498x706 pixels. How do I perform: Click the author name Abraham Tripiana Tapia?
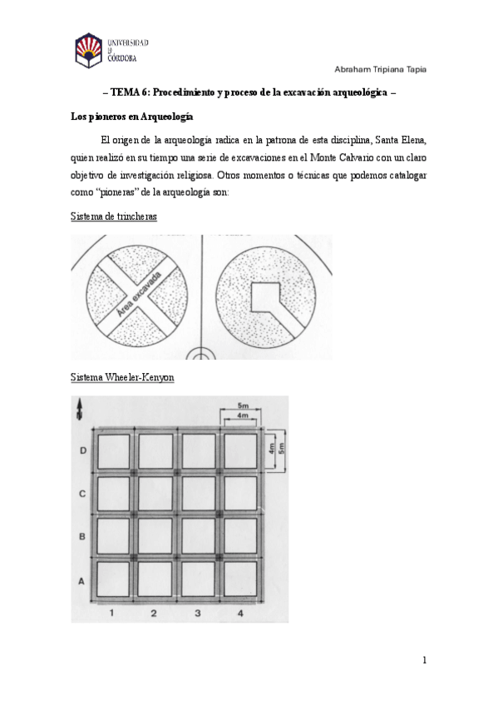[x=380, y=68]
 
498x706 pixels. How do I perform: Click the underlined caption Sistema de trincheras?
[x=113, y=217]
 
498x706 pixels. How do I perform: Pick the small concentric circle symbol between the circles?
[x=201, y=353]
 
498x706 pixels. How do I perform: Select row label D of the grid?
[x=81, y=450]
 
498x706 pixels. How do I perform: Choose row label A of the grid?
[x=81, y=581]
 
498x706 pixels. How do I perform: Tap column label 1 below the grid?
[x=111, y=614]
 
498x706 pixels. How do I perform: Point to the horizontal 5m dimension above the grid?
[x=241, y=406]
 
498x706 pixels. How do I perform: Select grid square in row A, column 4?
[x=241, y=579]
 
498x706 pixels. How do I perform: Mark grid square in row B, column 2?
[x=155, y=536]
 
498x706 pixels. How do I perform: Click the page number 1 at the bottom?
[x=424, y=660]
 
